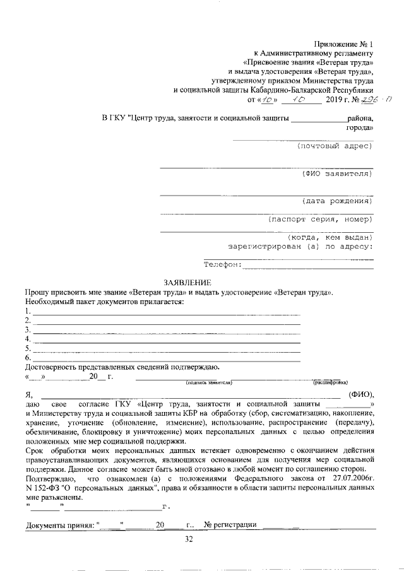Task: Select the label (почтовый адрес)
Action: coord(334,146)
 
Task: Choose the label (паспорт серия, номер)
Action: coord(319,220)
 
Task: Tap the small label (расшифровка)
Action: coord(330,382)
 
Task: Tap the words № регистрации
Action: coord(230,525)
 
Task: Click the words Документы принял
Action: coord(59,525)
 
